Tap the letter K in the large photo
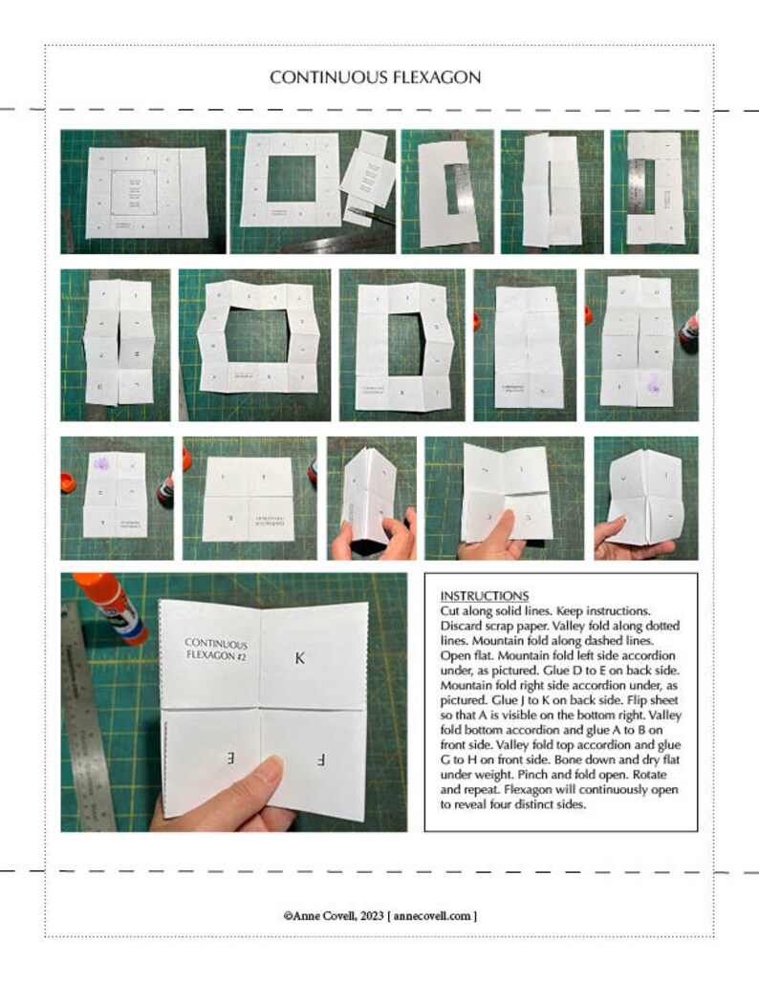click(x=299, y=658)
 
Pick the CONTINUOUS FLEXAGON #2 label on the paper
click(x=215, y=651)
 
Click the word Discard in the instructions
click(x=463, y=626)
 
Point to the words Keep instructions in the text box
click(x=599, y=610)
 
